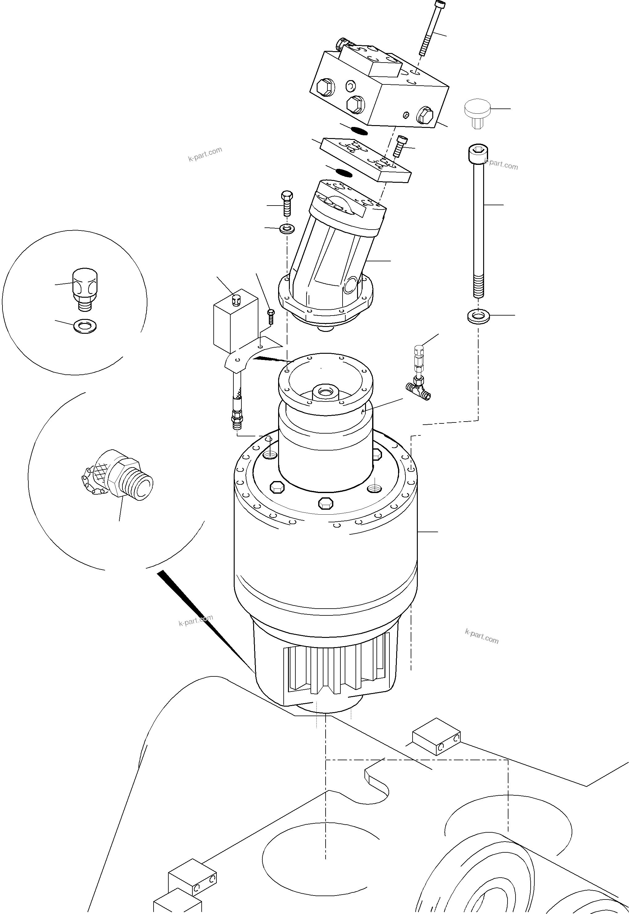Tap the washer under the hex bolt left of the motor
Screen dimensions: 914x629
click(x=287, y=228)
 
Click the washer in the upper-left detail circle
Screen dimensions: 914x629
click(x=85, y=326)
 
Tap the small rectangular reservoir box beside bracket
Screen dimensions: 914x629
click(x=235, y=321)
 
